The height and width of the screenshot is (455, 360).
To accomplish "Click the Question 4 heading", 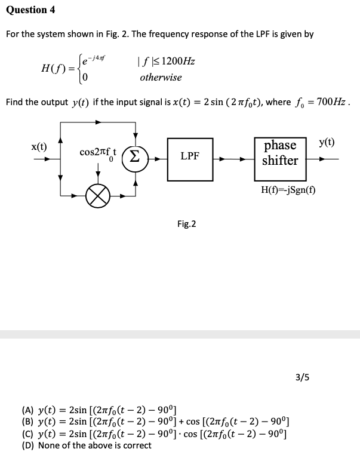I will pos(27,10).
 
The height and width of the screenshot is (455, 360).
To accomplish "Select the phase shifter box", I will pos(280,153).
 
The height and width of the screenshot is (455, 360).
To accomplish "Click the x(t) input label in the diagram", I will pos(39,146).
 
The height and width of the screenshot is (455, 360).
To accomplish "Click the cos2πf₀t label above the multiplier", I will pos(98,153).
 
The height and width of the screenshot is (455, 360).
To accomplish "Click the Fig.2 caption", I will pos(186,224).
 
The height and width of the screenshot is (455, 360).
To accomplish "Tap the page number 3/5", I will pos(303,377).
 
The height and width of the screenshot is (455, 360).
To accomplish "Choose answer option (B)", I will pos(155,422).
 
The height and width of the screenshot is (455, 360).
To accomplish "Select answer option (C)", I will pos(155,434).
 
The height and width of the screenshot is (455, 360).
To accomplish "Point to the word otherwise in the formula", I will pos(161,78).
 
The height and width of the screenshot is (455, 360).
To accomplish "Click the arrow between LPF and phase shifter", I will pos(233,159).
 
